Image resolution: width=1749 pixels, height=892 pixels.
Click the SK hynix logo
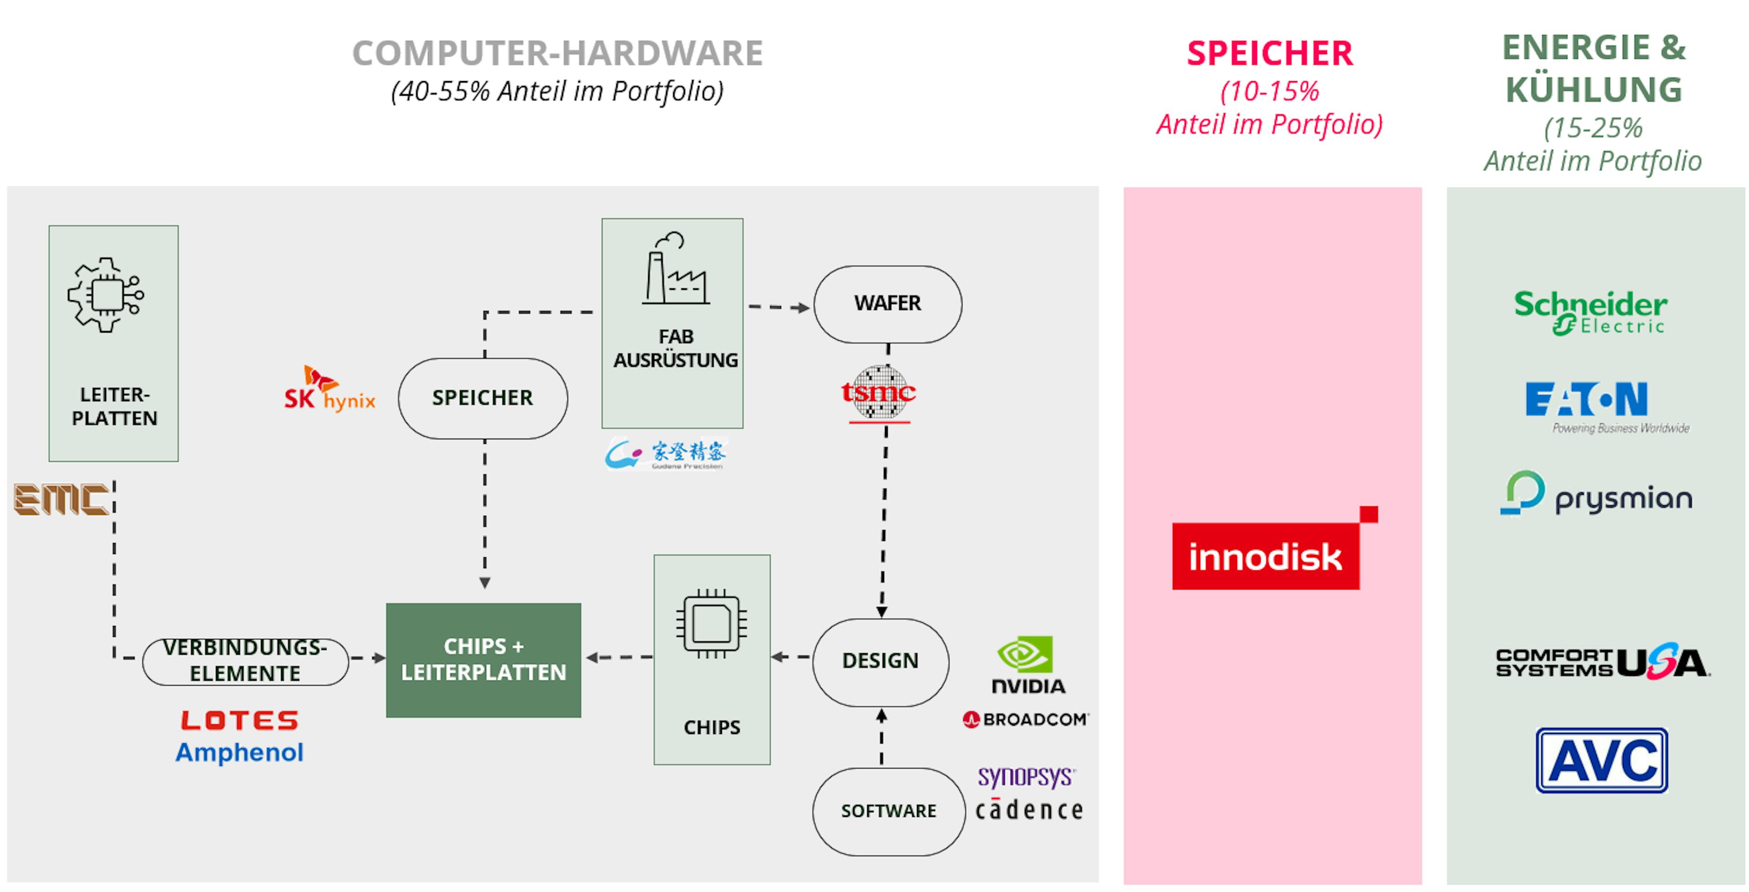tap(330, 390)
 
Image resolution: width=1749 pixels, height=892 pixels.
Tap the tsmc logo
tap(879, 393)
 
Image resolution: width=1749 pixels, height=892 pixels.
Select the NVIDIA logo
tap(1027, 665)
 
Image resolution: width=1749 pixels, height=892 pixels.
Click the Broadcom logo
tap(1026, 719)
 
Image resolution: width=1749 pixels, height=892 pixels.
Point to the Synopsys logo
tap(1026, 776)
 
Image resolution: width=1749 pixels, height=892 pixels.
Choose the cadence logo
tap(1028, 810)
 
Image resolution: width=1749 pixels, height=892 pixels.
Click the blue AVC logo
tap(1602, 760)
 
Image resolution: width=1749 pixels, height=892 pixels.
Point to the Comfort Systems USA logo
tap(1602, 662)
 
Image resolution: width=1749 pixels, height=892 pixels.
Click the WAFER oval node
tap(887, 304)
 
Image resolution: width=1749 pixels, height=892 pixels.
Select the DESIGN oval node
tap(880, 661)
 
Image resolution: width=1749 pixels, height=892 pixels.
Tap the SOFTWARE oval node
tap(888, 811)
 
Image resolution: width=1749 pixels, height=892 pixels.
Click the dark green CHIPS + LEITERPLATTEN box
tap(483, 660)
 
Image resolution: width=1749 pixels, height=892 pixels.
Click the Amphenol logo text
tap(239, 753)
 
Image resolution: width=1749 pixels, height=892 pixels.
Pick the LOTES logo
tap(240, 720)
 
